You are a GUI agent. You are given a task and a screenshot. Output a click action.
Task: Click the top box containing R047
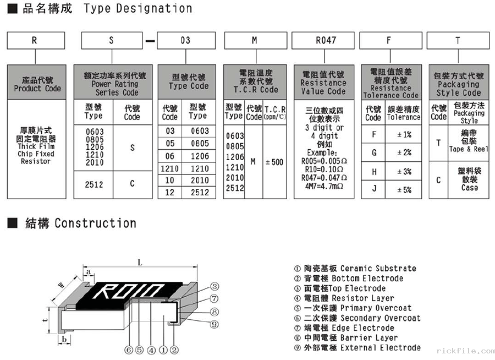click(326, 41)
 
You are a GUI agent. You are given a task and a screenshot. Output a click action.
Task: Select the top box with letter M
click(254, 41)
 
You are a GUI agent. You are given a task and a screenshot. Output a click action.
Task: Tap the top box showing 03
click(186, 41)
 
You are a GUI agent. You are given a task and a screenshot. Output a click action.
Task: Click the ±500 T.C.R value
click(274, 162)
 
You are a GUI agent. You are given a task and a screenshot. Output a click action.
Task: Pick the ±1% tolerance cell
click(404, 134)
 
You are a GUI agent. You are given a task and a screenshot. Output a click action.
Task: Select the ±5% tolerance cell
click(404, 190)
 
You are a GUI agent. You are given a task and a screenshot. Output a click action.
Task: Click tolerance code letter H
click(374, 172)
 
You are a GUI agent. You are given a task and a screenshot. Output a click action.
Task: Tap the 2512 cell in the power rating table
click(94, 184)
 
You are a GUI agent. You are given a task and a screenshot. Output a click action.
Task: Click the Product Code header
click(37, 84)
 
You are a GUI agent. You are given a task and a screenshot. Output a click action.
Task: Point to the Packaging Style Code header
click(458, 84)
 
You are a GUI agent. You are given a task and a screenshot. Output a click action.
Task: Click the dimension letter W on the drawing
click(62, 285)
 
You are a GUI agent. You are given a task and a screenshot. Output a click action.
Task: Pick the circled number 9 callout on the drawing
click(215, 324)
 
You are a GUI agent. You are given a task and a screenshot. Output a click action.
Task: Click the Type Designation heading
click(137, 9)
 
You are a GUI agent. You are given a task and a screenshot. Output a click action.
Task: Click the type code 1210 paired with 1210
click(169, 169)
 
